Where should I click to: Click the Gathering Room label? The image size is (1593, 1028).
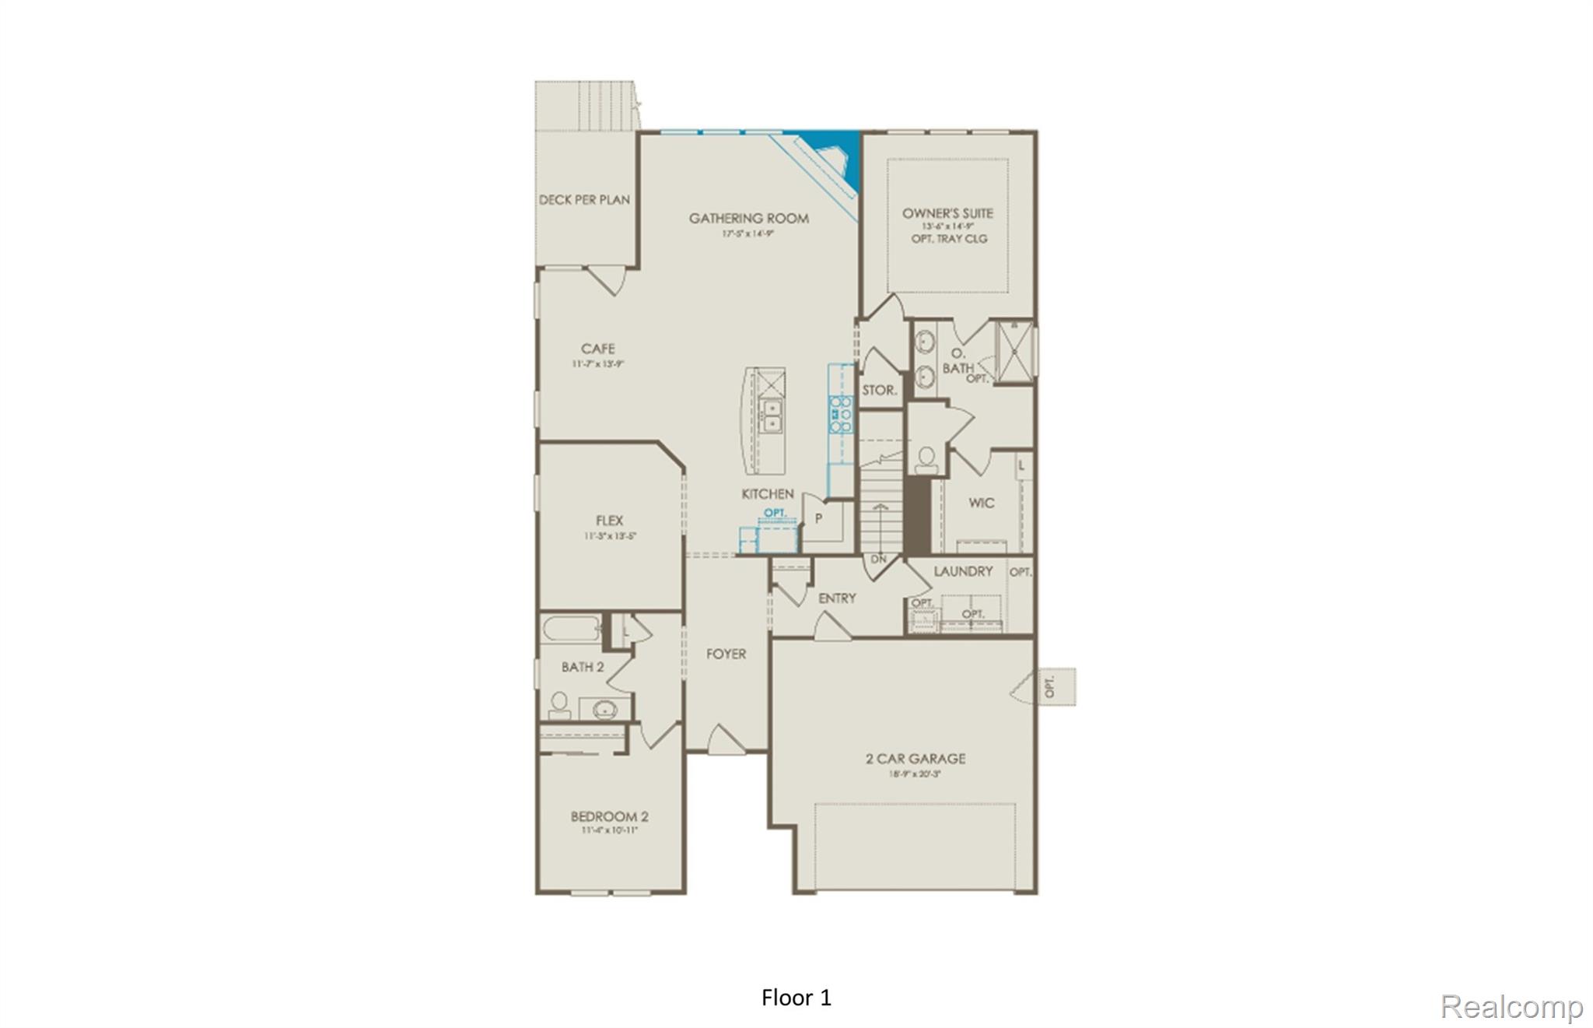pos(748,219)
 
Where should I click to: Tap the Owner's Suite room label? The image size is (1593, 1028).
pos(947,213)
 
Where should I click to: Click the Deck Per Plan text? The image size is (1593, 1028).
pos(584,200)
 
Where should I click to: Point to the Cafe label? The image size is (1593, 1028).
pos(597,349)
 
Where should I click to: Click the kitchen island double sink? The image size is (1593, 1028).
pos(772,416)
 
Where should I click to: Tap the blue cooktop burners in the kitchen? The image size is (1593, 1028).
pos(840,415)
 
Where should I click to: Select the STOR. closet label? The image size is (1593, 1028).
pos(879,391)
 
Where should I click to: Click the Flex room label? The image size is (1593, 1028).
pos(609,521)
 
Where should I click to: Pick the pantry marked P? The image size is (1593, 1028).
pos(819,518)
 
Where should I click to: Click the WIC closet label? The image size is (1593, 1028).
pos(981,503)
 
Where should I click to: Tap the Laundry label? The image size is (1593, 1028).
pos(963,571)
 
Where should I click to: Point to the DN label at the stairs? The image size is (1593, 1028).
pos(878,560)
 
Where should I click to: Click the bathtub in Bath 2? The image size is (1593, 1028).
pos(570,628)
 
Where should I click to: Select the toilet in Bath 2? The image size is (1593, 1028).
pos(558,705)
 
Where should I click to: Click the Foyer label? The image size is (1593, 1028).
pos(726,654)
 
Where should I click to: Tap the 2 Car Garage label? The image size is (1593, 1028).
pos(916,758)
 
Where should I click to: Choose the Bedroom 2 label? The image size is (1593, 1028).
pos(609,816)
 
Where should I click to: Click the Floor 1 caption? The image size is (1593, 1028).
pos(796,998)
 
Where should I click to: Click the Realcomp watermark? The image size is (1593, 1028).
pos(1511,1006)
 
